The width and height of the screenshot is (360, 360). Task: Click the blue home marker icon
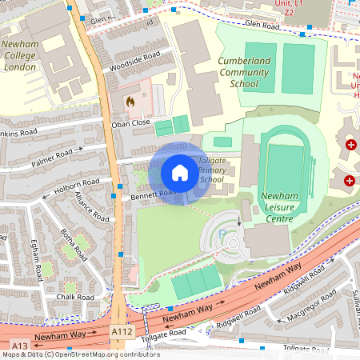[x=180, y=173]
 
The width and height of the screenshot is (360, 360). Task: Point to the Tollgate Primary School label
[x=212, y=170]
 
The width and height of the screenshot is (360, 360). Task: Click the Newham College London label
[x=26, y=57]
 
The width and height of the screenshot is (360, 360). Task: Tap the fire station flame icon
[x=130, y=102]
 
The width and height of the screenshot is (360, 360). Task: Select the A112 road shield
[x=121, y=330]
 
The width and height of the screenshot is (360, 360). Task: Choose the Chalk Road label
[x=74, y=297]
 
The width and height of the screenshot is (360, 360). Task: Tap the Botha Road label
[x=74, y=244]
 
